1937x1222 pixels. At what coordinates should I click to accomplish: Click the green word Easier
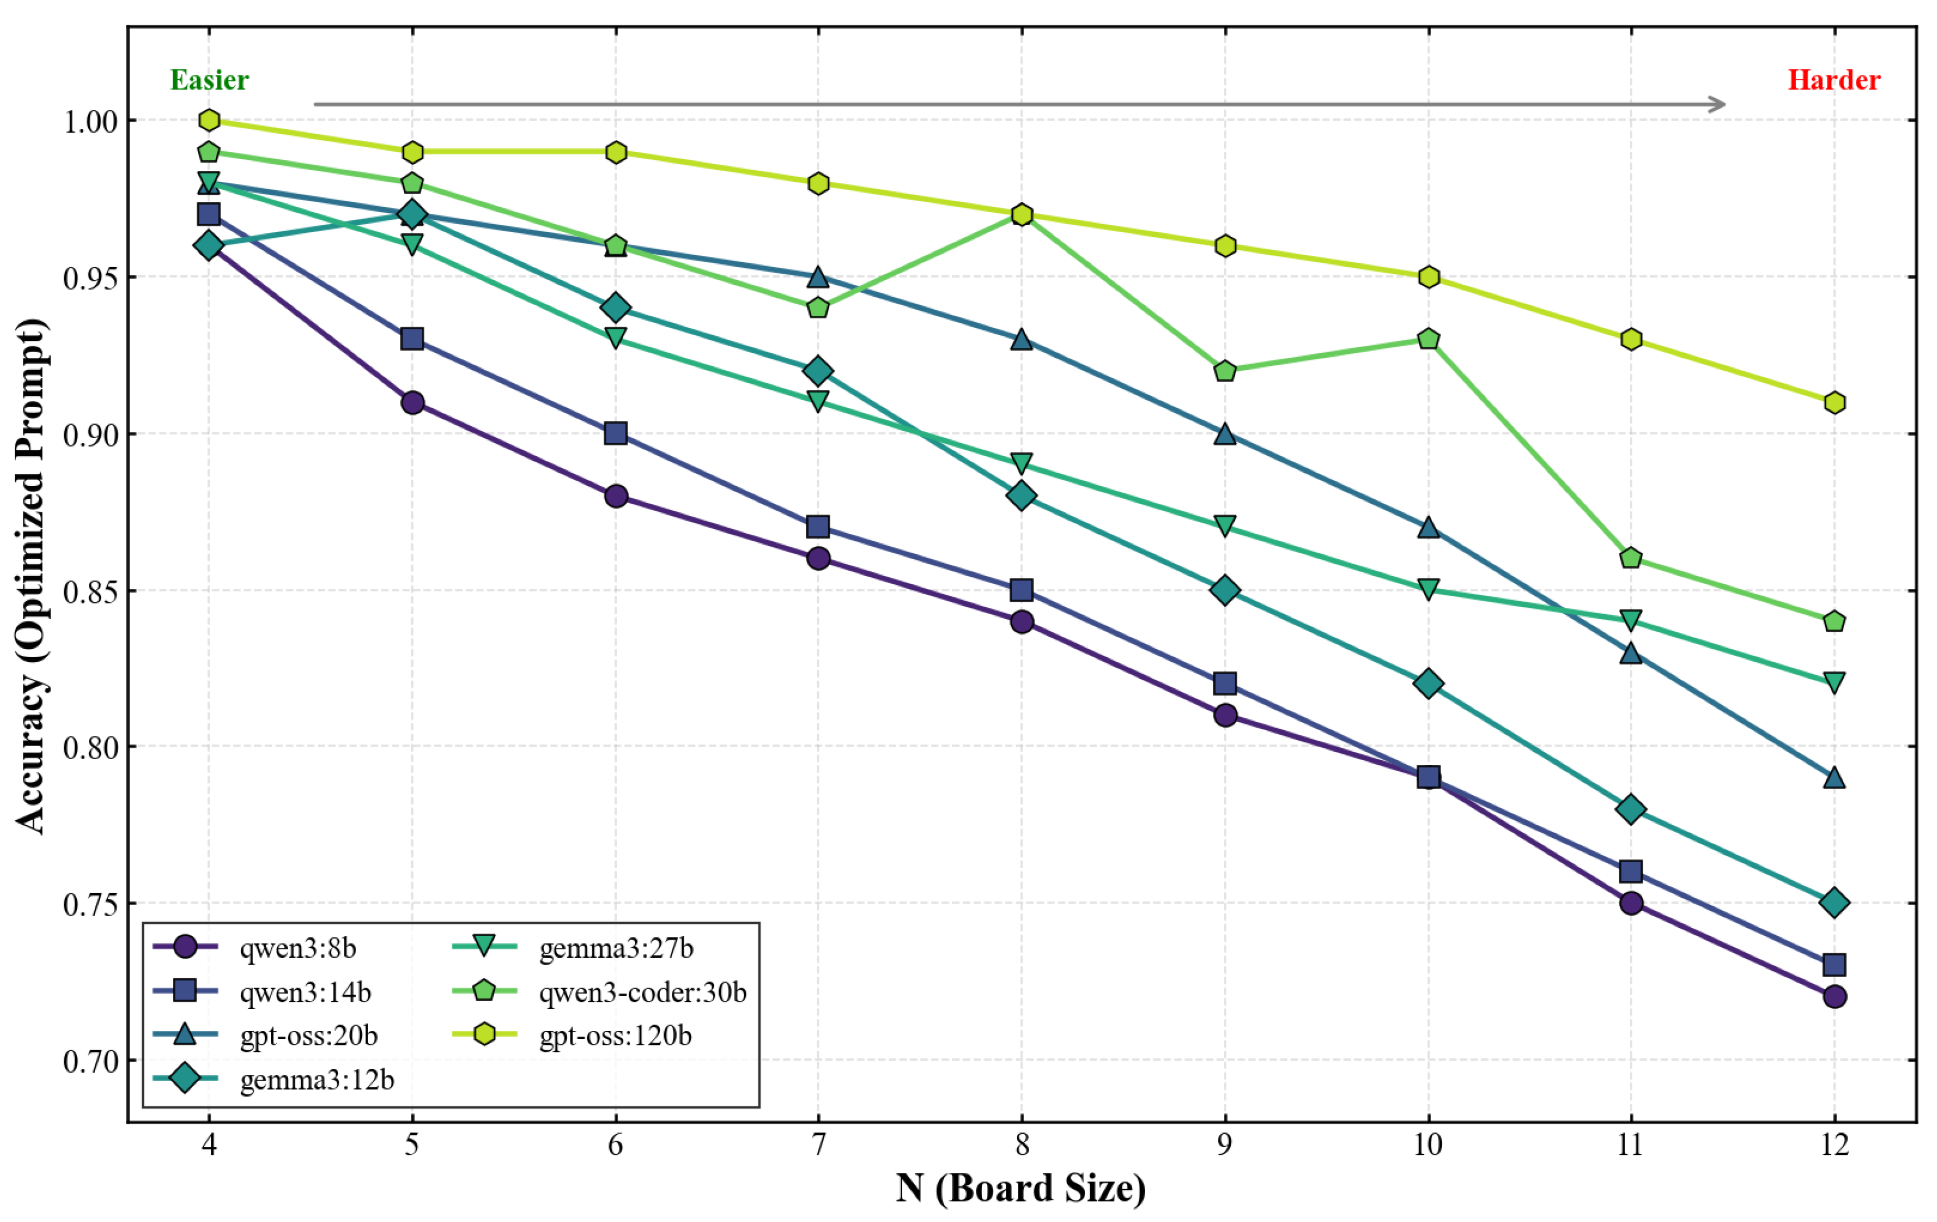click(209, 80)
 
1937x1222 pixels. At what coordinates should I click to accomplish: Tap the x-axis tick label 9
click(1224, 1144)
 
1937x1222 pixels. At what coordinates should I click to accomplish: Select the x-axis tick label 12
click(1834, 1144)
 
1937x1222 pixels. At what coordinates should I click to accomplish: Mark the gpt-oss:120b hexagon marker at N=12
click(1834, 402)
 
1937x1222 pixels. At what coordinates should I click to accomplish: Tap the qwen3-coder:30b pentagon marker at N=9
click(1224, 371)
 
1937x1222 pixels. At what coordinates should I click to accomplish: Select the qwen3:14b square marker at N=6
click(616, 433)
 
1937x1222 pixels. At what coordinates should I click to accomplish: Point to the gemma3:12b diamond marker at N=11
click(1630, 809)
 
